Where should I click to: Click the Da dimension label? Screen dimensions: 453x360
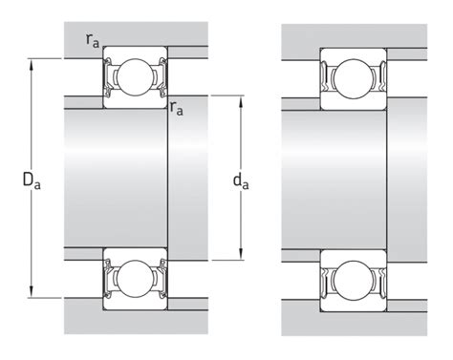point(32,180)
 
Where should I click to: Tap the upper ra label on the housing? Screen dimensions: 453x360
point(93,40)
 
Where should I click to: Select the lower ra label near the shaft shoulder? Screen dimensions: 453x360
point(177,108)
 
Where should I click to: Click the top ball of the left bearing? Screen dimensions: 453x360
point(135,77)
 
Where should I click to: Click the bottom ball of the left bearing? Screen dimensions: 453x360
point(135,279)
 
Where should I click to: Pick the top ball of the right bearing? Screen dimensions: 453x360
point(354,78)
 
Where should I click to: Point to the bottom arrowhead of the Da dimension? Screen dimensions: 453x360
point(32,292)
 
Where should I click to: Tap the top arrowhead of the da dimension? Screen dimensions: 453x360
point(241,101)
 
